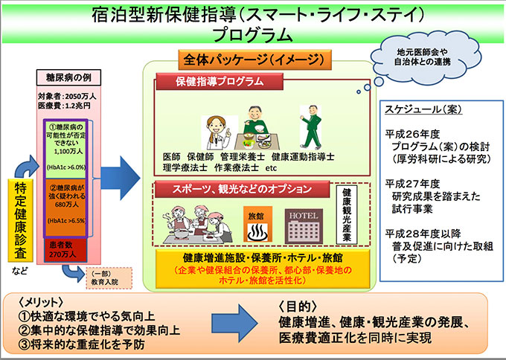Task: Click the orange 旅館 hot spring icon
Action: click(x=258, y=222)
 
